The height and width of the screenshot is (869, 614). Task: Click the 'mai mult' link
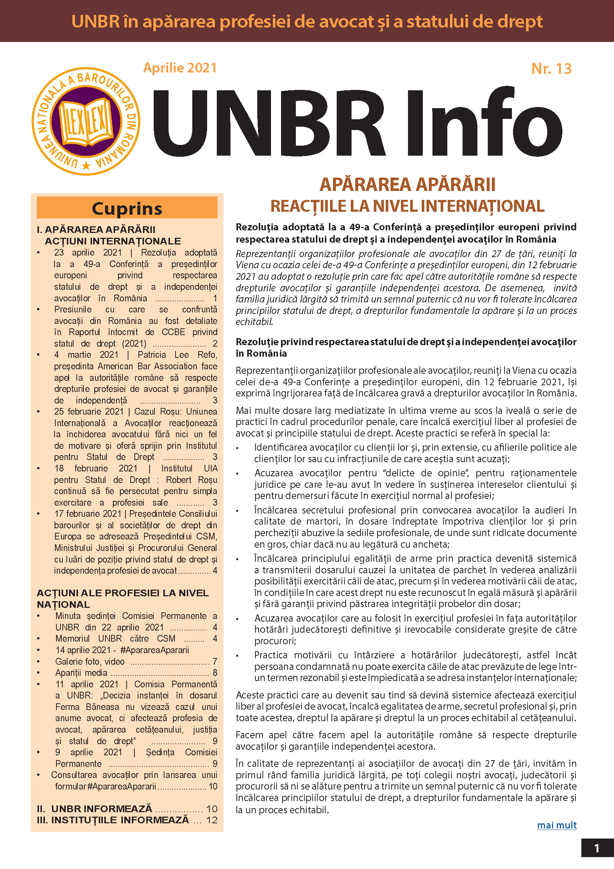click(556, 825)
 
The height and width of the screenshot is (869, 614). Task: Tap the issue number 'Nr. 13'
click(551, 68)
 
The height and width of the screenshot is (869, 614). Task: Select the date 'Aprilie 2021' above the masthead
click(180, 68)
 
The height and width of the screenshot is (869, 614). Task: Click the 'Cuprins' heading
click(127, 208)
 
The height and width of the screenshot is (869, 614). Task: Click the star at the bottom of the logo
click(86, 165)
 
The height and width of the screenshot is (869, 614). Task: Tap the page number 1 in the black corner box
click(597, 848)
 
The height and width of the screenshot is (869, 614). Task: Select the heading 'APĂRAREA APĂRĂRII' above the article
click(407, 185)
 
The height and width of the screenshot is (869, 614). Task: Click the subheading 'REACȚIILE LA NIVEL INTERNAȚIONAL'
click(407, 206)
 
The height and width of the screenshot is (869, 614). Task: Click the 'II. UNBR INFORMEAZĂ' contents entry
click(101, 808)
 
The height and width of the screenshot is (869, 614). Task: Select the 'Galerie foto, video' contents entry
click(90, 661)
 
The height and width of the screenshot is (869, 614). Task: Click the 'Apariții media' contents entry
click(81, 672)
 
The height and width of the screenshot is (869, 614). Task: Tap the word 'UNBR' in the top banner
click(95, 21)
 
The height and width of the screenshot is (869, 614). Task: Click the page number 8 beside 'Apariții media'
click(215, 672)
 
